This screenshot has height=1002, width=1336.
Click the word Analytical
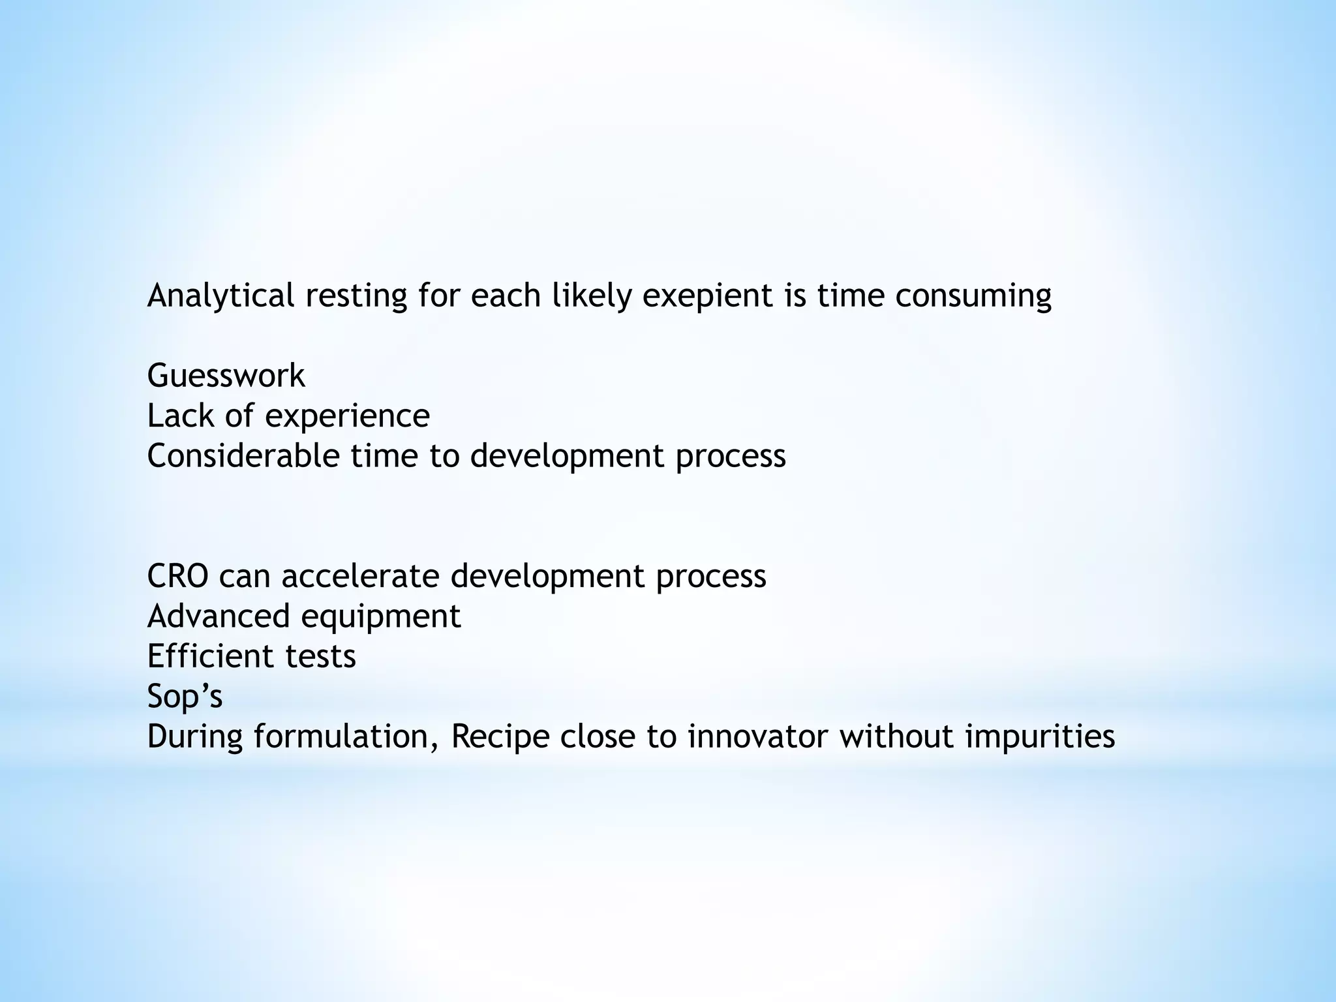click(x=220, y=296)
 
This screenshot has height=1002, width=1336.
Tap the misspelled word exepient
click(x=703, y=296)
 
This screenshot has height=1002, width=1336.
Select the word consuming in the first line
click(x=973, y=296)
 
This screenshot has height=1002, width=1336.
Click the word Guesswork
click(x=226, y=376)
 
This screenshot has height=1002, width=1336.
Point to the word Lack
click(x=180, y=416)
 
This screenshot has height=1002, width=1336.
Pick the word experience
click(x=346, y=416)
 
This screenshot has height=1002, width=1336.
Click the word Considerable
click(x=243, y=455)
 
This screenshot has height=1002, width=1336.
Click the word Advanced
click(x=218, y=616)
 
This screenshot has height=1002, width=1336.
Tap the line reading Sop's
click(x=185, y=696)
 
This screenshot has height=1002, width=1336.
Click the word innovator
click(x=757, y=736)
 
